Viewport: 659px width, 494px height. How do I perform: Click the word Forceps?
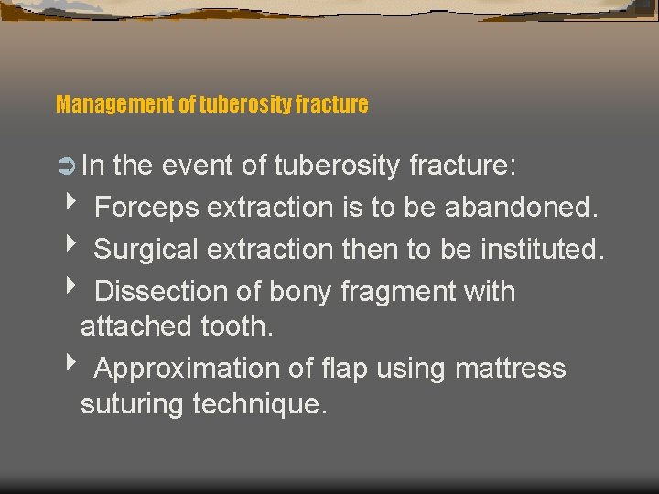tap(146, 208)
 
